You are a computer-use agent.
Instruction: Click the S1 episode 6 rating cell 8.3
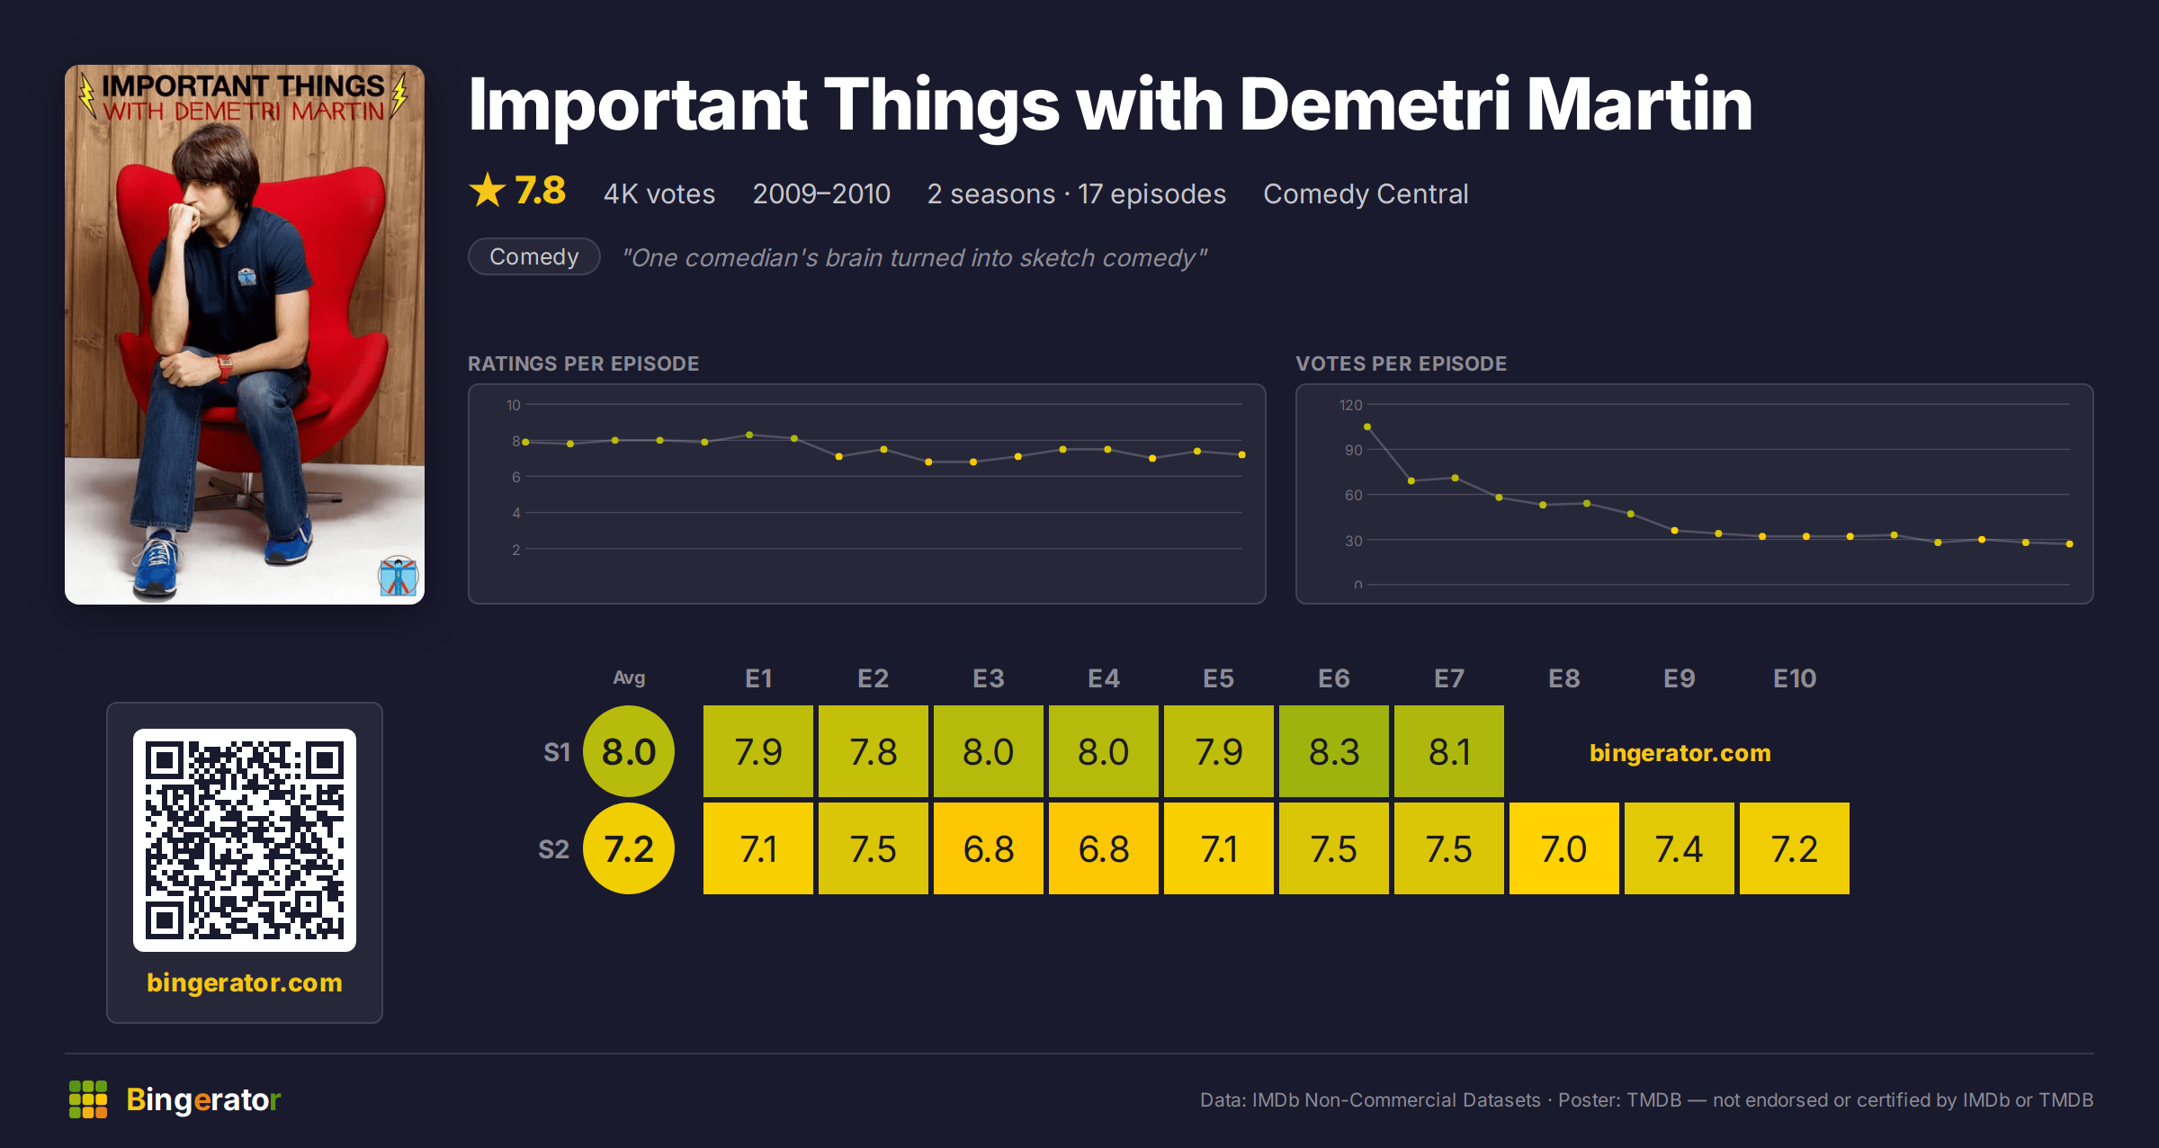pyautogui.click(x=1333, y=751)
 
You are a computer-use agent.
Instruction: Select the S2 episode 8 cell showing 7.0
pyautogui.click(x=1563, y=848)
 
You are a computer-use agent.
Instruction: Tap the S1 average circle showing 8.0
pyautogui.click(x=629, y=751)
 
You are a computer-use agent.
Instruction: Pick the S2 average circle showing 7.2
pyautogui.click(x=629, y=848)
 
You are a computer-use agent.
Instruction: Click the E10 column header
pyautogui.click(x=1795, y=678)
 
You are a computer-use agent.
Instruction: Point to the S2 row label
pyautogui.click(x=554, y=849)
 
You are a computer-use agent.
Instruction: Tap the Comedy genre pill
pyautogui.click(x=534, y=256)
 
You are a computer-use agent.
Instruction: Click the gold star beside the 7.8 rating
pyautogui.click(x=488, y=190)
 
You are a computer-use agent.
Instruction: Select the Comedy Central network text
pyautogui.click(x=1366, y=193)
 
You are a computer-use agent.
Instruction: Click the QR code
pyautogui.click(x=245, y=840)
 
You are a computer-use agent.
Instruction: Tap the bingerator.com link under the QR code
pyautogui.click(x=245, y=982)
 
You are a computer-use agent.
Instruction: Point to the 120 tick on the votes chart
pyautogui.click(x=1350, y=405)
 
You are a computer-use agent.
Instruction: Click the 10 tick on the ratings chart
pyautogui.click(x=513, y=405)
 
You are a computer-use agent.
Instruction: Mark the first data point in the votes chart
pyautogui.click(x=1367, y=426)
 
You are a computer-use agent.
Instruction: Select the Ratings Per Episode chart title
pyautogui.click(x=583, y=363)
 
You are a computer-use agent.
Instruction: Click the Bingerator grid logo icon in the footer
pyautogui.click(x=88, y=1099)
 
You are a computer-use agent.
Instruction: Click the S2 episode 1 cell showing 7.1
pyautogui.click(x=757, y=848)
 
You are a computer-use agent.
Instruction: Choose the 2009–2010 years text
pyautogui.click(x=821, y=193)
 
